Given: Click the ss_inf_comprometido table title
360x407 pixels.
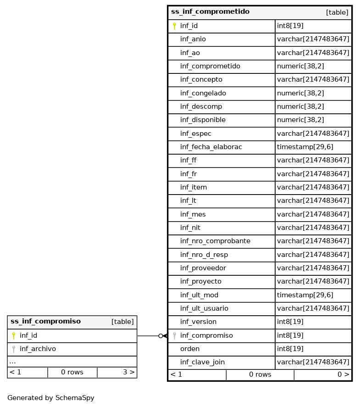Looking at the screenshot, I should click(210, 12).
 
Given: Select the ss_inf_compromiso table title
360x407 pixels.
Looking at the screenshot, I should click(45, 322).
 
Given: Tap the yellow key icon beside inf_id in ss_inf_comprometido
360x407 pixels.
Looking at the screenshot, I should click(174, 26).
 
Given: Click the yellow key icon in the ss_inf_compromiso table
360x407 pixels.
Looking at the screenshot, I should click(14, 336).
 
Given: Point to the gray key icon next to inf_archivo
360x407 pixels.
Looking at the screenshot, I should click(14, 349).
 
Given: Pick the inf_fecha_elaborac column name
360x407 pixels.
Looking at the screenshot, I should click(211, 147).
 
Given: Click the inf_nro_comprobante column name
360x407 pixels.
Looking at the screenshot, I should click(215, 241).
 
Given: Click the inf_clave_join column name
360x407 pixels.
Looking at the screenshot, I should click(202, 362).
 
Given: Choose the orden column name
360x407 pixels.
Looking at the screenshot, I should click(190, 349).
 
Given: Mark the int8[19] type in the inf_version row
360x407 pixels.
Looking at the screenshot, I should click(290, 322).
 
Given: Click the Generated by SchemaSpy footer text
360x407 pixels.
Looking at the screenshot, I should click(51, 398).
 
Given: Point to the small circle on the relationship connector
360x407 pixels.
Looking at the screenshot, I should click(161, 336).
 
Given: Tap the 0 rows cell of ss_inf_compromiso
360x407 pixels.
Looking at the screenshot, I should click(72, 372).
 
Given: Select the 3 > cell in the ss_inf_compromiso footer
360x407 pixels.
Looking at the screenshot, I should click(128, 372).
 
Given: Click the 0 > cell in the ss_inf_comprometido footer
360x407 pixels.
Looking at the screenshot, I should click(343, 374).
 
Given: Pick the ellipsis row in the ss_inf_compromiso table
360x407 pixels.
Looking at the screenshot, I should click(12, 362).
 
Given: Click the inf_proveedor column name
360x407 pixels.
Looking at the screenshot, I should click(203, 268).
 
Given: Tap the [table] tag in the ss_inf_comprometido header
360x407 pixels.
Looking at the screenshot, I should click(337, 12).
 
